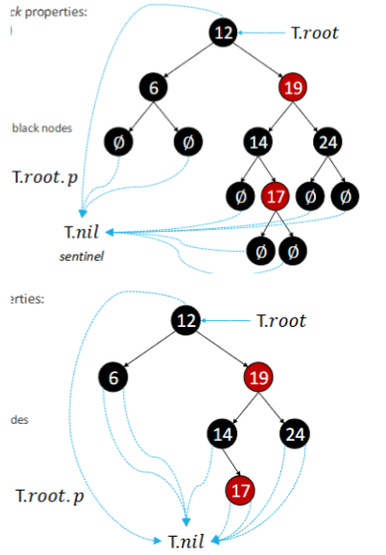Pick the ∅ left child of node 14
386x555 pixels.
point(239,197)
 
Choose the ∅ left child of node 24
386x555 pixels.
point(309,197)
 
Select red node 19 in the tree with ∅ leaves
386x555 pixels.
point(292,88)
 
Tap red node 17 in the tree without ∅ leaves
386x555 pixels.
point(240,492)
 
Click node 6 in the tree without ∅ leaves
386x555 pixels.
point(113,377)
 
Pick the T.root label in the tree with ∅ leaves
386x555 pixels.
point(314,33)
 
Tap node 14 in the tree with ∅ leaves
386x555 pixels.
point(257,144)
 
